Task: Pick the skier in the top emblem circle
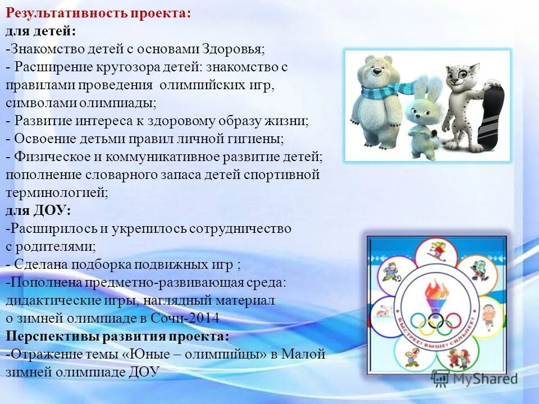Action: pos(436,249)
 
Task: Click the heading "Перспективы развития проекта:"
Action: pos(118,336)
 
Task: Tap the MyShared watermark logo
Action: pos(474,378)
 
